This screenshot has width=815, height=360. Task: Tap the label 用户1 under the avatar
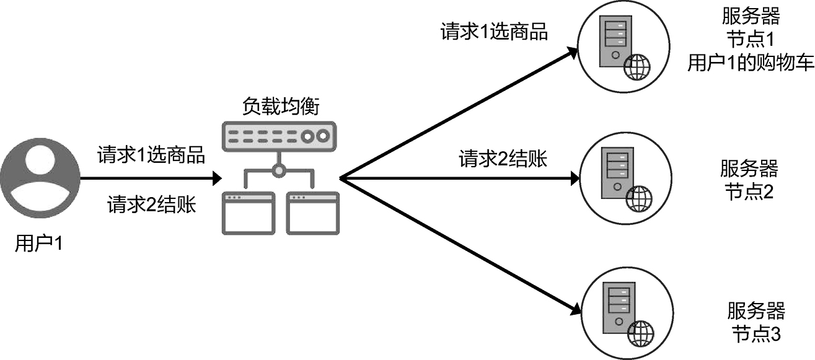39,244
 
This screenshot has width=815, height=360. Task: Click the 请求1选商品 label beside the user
151,155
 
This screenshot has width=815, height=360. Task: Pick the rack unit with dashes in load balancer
278,136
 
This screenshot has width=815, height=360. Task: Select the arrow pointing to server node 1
459,114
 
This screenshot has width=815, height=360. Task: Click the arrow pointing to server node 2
459,179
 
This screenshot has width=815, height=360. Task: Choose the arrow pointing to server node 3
459,244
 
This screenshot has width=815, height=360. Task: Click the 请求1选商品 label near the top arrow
494,32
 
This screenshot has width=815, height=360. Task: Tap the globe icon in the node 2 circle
639,198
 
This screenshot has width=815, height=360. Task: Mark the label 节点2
749,191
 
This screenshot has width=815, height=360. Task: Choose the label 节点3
756,333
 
